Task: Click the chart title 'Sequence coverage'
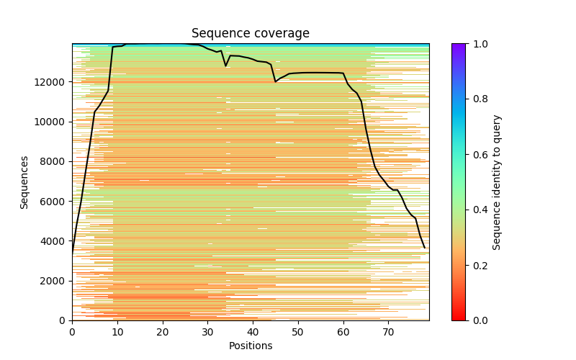[x=250, y=33]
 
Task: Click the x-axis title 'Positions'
[x=250, y=346]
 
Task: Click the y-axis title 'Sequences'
[x=24, y=182]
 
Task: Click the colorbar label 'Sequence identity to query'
[x=497, y=182]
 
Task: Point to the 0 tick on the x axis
[x=72, y=331]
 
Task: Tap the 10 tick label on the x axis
[x=117, y=331]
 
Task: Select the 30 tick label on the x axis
[x=207, y=331]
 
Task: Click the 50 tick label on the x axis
[x=298, y=331]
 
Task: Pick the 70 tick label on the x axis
[x=388, y=331]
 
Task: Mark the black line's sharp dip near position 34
[x=225, y=66]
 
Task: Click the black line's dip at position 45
[x=275, y=81]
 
